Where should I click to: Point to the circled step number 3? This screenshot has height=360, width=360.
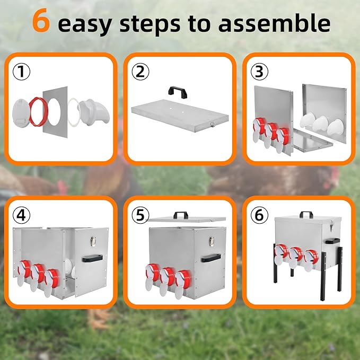[258, 70]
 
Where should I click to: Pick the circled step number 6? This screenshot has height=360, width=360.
[258, 215]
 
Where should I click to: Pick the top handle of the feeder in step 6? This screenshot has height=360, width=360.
[306, 214]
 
